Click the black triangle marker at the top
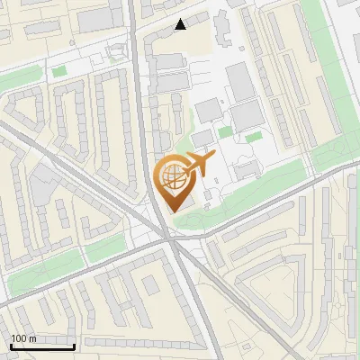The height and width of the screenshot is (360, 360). pos(181,24)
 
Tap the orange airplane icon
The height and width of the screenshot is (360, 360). pos(196,165)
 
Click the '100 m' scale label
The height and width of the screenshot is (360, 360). pos(23,338)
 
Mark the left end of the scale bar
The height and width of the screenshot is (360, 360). pos(11,346)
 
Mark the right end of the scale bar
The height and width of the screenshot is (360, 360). pos(74,346)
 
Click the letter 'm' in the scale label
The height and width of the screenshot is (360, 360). pos(32,338)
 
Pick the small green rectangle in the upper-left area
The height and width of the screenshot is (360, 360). pos(59,71)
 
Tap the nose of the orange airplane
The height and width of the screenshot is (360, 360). pos(213,157)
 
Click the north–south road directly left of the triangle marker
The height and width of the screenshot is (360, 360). pos(135,27)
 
